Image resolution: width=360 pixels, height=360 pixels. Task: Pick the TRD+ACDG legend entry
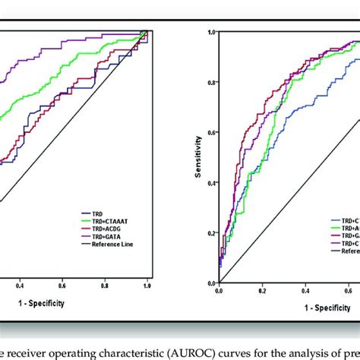[103, 230]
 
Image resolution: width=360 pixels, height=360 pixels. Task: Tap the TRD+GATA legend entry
[103, 237]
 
